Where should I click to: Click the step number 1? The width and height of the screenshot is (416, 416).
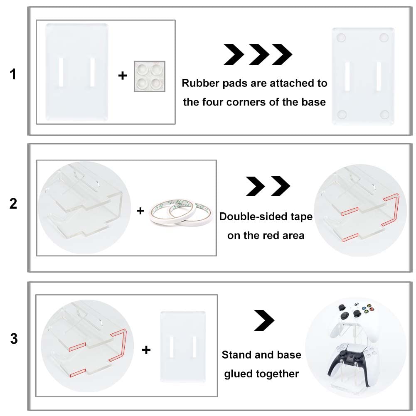pyautogui.click(x=13, y=74)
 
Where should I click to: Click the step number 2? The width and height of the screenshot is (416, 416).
pyautogui.click(x=13, y=204)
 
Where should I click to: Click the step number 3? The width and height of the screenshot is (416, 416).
pyautogui.click(x=14, y=339)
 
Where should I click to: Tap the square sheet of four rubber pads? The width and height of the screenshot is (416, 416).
pyautogui.click(x=150, y=76)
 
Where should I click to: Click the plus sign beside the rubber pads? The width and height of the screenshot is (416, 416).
pyautogui.click(x=123, y=76)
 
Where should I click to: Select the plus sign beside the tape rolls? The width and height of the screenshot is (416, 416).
pyautogui.click(x=140, y=211)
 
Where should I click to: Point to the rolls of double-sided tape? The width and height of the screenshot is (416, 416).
pyautogui.click(x=181, y=212)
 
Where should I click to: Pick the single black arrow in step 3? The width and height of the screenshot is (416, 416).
pyautogui.click(x=264, y=320)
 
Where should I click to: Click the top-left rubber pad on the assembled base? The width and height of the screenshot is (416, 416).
pyautogui.click(x=341, y=38)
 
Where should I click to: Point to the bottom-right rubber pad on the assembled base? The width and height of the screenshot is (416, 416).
pyautogui.click(x=385, y=115)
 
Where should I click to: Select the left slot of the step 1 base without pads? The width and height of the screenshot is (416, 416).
pyautogui.click(x=61, y=72)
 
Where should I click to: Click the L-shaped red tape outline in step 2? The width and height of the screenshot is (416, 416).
pyautogui.click(x=391, y=209)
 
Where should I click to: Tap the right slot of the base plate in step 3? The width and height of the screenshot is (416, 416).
pyautogui.click(x=194, y=347)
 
